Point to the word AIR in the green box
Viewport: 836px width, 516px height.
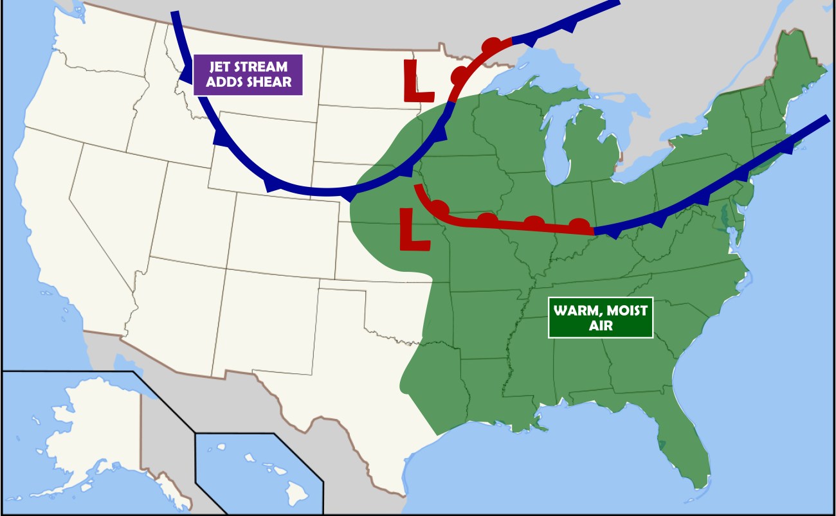[x=601, y=326]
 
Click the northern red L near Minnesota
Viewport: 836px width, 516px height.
[x=419, y=82]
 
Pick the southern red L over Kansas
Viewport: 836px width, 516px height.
[x=414, y=230]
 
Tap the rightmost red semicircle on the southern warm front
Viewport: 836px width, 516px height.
[x=579, y=225]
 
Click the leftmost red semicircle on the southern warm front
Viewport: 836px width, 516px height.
[x=440, y=208]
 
